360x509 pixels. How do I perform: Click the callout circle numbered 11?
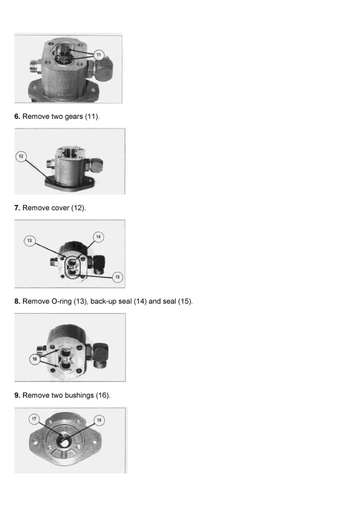coord(99,55)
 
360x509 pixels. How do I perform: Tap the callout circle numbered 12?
coord(21,156)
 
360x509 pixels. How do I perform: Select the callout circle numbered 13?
coord(29,240)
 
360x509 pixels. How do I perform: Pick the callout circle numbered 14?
coord(98,237)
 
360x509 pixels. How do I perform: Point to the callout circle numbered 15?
coord(118,277)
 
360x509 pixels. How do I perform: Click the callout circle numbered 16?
coord(35,359)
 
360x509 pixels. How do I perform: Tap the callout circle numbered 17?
coord(34,418)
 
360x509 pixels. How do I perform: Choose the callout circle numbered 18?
coord(99,420)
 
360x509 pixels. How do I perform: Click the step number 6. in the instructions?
coord(17,116)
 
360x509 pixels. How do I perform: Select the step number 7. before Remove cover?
coord(17,208)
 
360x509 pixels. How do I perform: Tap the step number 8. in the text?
coord(17,302)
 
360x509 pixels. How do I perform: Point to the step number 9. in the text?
coord(17,395)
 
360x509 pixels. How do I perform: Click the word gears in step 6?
coord(74,117)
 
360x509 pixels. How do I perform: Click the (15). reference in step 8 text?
coord(185,302)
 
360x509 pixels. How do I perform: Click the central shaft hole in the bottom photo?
coord(64,441)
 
